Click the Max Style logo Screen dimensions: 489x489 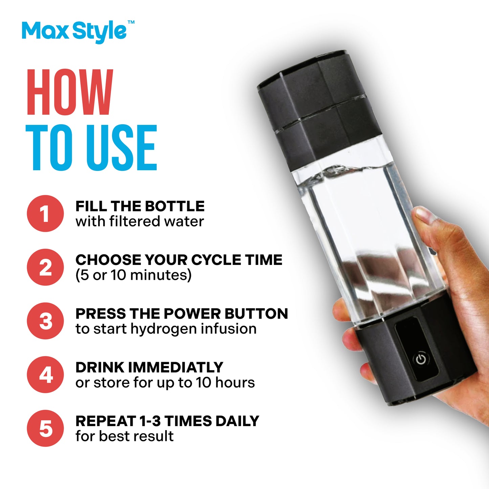point(74,31)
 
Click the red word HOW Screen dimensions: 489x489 point(69,92)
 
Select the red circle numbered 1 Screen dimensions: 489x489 point(45,214)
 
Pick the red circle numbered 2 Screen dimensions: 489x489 point(45,267)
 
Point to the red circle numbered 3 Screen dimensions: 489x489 point(45,321)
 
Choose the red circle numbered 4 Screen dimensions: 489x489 point(45,375)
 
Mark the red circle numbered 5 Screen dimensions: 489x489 point(45,428)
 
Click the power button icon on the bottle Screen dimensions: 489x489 point(421,359)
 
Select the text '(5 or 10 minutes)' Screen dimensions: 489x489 point(133,275)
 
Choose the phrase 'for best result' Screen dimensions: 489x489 point(124,436)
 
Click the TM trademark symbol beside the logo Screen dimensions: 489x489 point(131,22)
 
